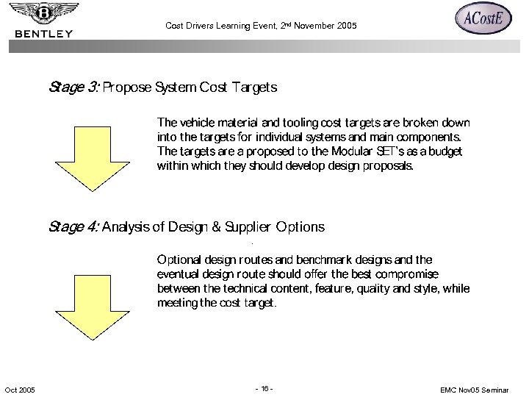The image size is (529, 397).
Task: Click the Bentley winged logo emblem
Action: point(44,12)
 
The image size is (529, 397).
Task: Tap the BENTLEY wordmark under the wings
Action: point(44,33)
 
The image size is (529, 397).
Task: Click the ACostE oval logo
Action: point(483,19)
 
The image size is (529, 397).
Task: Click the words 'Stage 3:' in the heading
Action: point(73,87)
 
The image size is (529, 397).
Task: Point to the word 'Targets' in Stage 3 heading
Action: point(254,87)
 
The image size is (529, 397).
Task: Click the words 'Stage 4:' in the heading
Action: point(73,227)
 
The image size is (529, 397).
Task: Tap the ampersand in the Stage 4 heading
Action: point(216,227)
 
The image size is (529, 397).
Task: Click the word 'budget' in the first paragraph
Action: point(445,151)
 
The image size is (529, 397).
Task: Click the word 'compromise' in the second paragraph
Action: point(435,274)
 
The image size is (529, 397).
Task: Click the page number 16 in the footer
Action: point(264,388)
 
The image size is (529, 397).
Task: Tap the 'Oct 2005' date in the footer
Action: point(19,389)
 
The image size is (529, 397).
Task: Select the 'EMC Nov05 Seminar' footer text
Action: point(478,389)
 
